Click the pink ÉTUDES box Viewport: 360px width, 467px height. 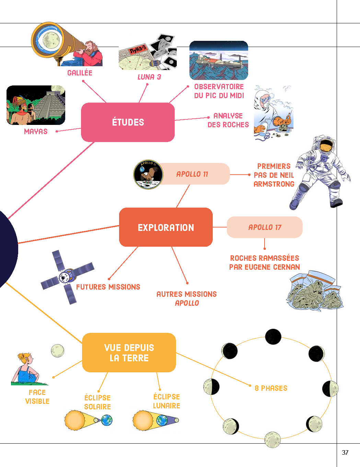tap(128, 122)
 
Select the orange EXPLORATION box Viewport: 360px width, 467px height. tap(166, 227)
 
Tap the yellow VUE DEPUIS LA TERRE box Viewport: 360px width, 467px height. tap(129, 352)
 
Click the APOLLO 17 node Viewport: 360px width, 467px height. tap(265, 227)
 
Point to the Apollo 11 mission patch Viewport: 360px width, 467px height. tap(148, 174)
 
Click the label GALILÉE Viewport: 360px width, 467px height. tap(80, 73)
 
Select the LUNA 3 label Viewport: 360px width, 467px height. tap(149, 77)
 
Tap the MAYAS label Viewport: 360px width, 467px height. tap(36, 131)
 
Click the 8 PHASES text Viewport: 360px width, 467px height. tap(271, 388)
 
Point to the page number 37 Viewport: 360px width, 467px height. tap(345, 452)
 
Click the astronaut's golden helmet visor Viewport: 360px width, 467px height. tap(327, 145)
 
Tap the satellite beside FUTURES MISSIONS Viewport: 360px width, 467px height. tap(67, 277)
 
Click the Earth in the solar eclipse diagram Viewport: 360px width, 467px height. tap(107, 420)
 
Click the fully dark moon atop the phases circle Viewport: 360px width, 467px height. tap(273, 336)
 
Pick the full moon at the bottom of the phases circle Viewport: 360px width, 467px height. tap(272, 440)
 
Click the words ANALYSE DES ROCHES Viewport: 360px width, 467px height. tap(228, 120)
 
